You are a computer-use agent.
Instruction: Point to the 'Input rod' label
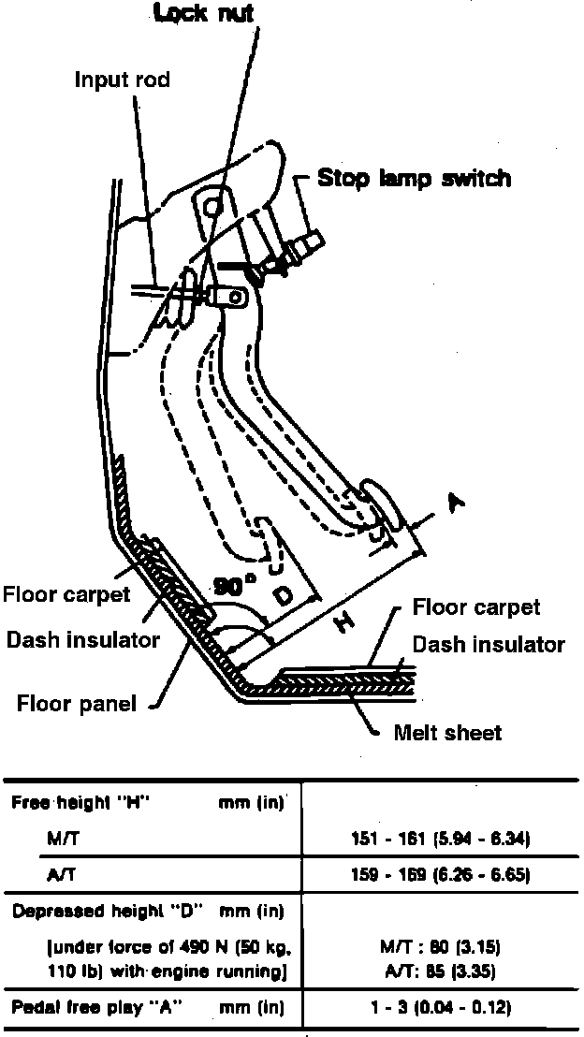coord(123,80)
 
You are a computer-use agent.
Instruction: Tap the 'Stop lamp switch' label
coord(415,178)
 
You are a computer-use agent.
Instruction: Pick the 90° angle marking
coord(234,587)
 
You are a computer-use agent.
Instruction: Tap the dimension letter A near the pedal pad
coord(457,505)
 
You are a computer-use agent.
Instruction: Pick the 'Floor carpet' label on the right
coord(476,607)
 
